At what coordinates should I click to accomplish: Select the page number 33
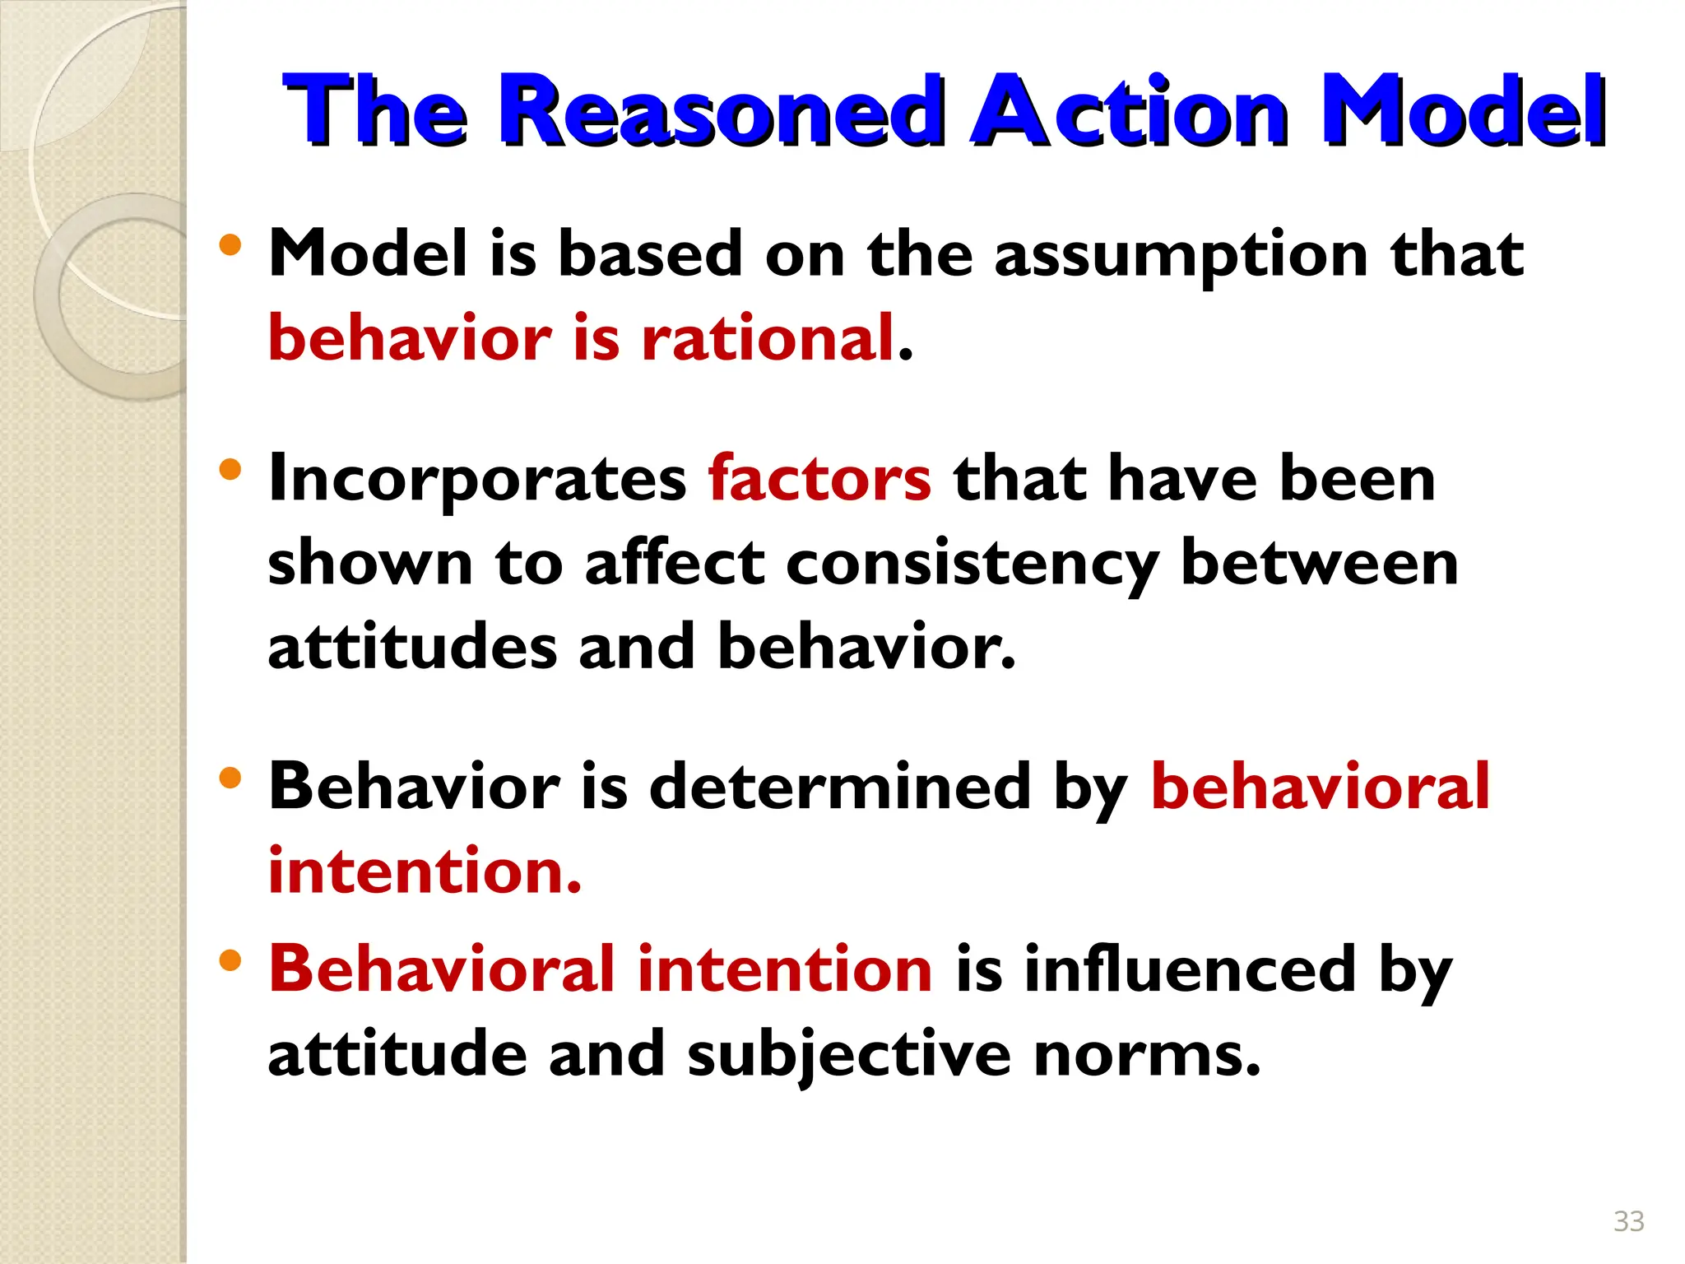point(1629,1221)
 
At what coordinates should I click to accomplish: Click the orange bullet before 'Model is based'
point(230,244)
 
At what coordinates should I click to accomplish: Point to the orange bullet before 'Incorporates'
point(230,470)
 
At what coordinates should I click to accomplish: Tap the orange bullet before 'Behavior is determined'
point(230,778)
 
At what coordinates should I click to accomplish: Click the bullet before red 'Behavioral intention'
point(230,960)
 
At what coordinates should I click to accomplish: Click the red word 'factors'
point(819,479)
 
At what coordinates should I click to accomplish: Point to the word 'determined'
point(840,787)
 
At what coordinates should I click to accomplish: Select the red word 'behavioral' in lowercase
point(1320,787)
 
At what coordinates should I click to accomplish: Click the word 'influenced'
point(1190,969)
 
